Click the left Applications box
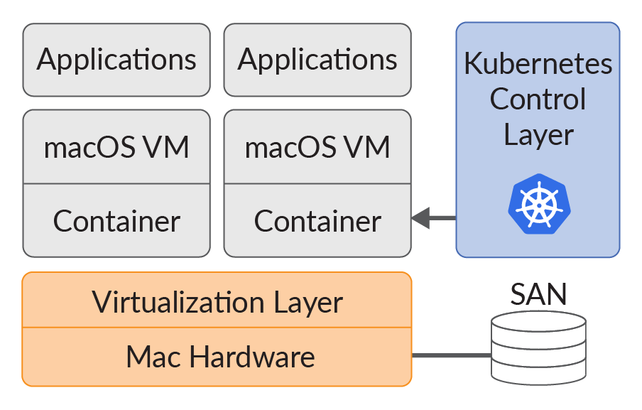[x=116, y=60]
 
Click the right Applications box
[x=317, y=60]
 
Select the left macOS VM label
[x=116, y=148]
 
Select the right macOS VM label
[x=317, y=148]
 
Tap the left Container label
[x=116, y=221]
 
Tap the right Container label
[x=317, y=221]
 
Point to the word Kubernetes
[x=538, y=63]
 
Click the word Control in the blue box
[x=538, y=99]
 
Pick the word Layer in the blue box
[x=538, y=134]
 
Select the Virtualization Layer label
[x=217, y=302]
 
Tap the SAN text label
[x=539, y=294]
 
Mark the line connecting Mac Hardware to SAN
[x=452, y=355]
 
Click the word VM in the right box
[x=370, y=148]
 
